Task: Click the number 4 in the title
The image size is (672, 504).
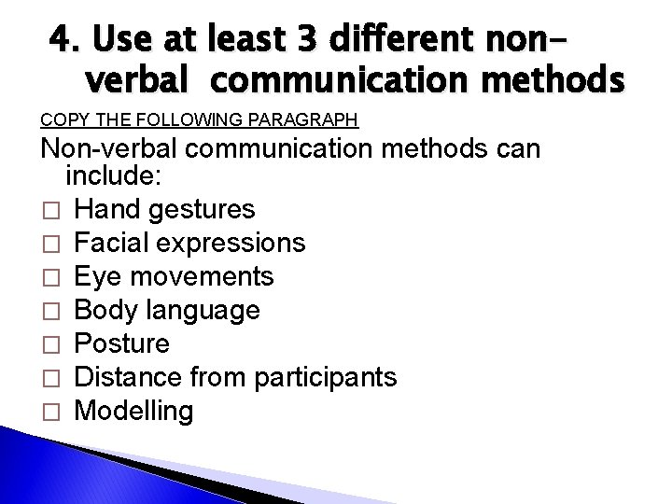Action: [63, 43]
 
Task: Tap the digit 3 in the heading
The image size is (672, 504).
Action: [284, 43]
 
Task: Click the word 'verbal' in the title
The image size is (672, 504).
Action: [134, 85]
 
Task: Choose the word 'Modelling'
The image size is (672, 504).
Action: [134, 412]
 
